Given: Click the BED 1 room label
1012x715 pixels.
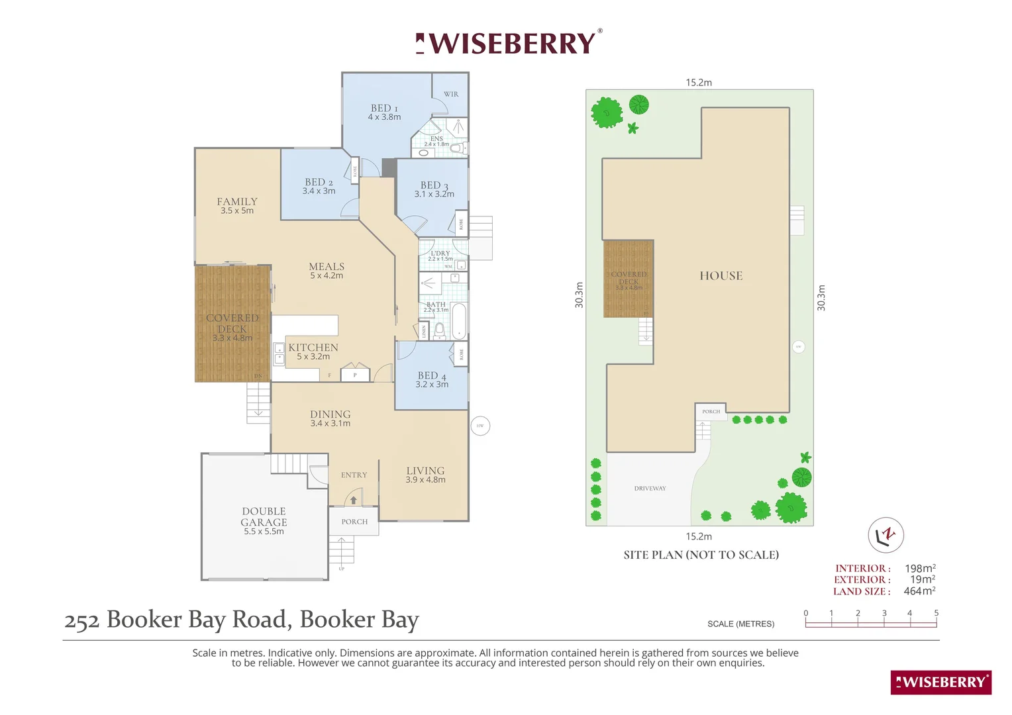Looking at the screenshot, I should click(x=384, y=109).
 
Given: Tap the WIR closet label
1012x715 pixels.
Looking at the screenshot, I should click(x=451, y=95).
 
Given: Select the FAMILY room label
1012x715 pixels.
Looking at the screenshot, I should click(x=237, y=202).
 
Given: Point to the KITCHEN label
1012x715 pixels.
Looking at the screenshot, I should click(x=313, y=348).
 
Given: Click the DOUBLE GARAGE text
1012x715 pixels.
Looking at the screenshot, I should click(x=264, y=517).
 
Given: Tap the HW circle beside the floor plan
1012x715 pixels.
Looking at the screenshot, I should click(x=480, y=426).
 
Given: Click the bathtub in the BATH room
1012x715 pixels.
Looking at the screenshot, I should click(x=458, y=320).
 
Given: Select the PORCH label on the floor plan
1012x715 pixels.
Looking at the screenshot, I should click(x=354, y=522).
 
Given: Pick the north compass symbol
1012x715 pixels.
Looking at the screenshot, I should click(x=885, y=535).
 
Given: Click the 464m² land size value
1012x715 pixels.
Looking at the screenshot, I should click(x=919, y=591).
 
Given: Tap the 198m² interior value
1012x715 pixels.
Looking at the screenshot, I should click(x=920, y=569).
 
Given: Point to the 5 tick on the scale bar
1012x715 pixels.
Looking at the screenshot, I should click(x=936, y=614).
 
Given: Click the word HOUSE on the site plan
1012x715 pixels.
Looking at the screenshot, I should click(x=721, y=276).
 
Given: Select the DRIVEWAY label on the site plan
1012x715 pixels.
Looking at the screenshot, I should click(x=650, y=489).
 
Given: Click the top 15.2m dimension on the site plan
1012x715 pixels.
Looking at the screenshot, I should click(x=699, y=83).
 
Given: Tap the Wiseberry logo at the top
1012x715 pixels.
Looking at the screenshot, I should click(x=509, y=44).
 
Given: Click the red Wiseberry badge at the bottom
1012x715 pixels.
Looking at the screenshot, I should click(x=940, y=683).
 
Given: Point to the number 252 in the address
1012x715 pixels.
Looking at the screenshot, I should click(x=81, y=620).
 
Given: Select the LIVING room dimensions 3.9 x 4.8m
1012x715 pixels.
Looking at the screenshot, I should click(x=425, y=480).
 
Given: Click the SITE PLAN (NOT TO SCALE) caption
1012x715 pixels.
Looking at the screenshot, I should click(x=701, y=555).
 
